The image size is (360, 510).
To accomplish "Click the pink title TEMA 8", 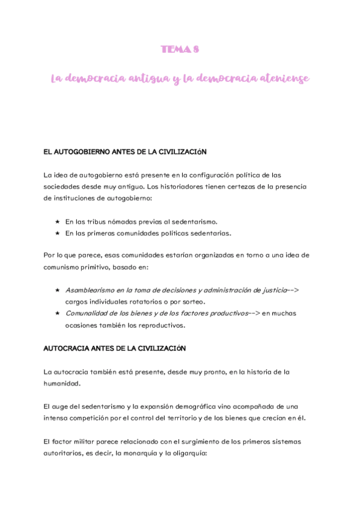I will pos(180,49).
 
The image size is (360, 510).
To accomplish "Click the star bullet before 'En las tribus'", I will pos(57,221).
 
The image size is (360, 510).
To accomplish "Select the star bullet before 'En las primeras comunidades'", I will pos(57,233).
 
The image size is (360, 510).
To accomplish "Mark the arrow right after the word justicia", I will pos(293,290).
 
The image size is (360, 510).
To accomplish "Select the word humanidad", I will pos(62,383).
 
